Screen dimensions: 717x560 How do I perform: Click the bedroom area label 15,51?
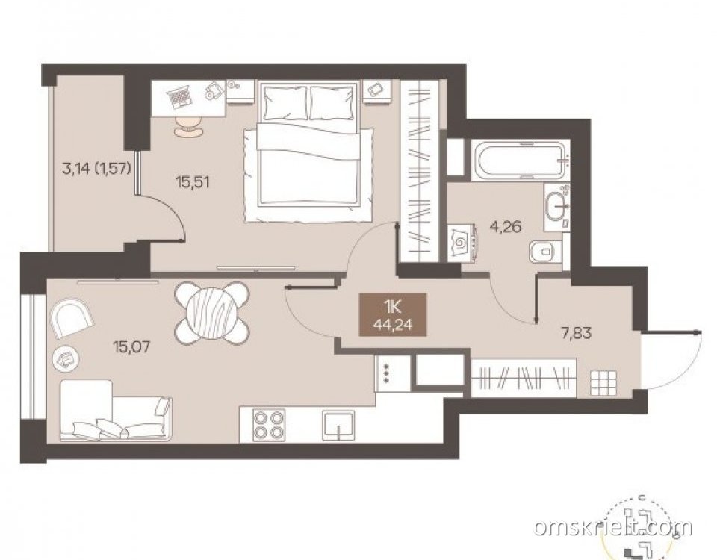(x=193, y=182)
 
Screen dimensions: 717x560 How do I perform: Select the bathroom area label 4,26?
(x=505, y=226)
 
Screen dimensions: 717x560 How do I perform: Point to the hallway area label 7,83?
(x=576, y=333)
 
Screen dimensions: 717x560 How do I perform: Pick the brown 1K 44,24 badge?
(x=393, y=314)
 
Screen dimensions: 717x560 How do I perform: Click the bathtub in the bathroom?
(x=521, y=161)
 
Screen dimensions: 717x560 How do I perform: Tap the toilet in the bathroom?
(x=544, y=252)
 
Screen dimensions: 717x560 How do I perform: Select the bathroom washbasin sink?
(x=556, y=206)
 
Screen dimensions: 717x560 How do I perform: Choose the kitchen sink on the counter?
(x=338, y=424)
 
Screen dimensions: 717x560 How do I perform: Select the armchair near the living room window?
(x=72, y=318)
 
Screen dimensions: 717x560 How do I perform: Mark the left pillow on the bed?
(x=285, y=102)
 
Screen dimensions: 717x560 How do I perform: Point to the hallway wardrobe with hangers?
(x=524, y=379)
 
